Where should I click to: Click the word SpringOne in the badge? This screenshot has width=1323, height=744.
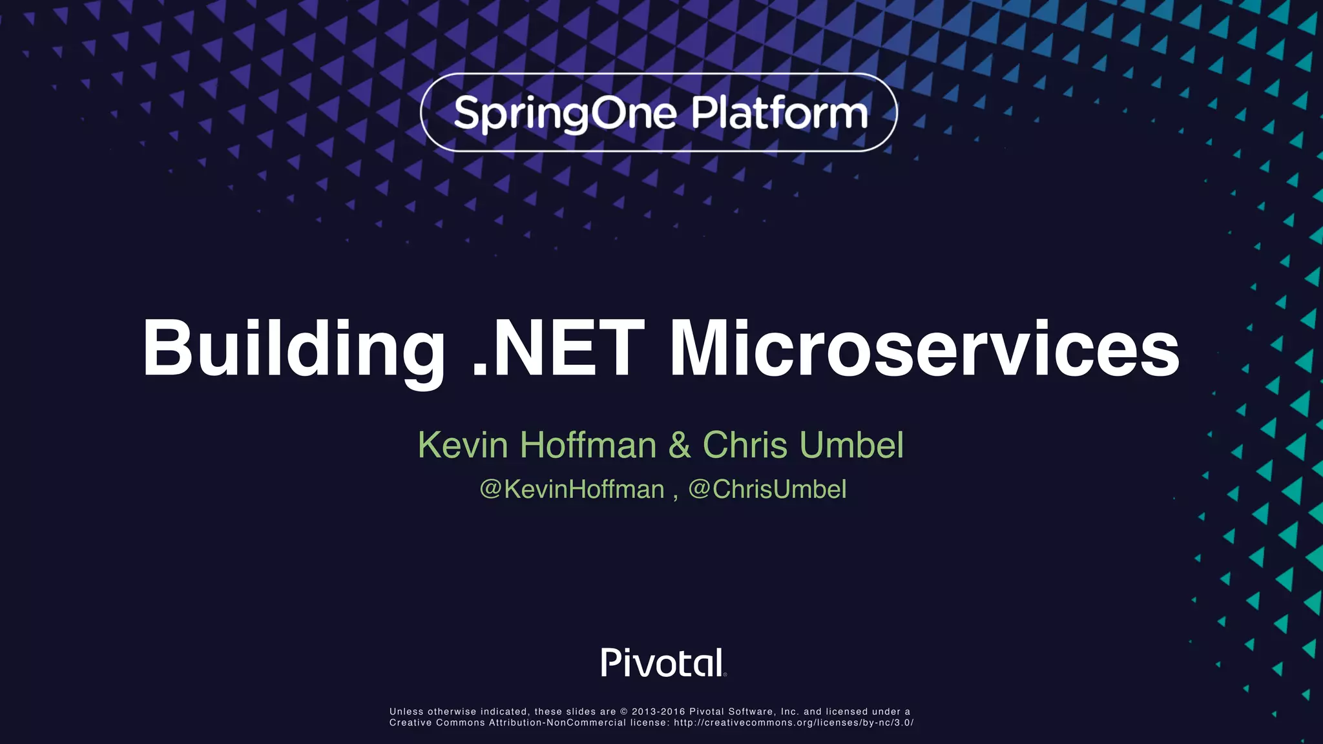565,114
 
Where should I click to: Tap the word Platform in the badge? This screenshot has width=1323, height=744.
779,113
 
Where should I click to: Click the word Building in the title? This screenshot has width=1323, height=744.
293,349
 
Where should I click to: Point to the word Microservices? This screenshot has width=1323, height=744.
924,349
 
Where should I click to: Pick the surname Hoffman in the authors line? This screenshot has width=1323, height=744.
589,445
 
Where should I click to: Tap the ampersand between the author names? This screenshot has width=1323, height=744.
680,445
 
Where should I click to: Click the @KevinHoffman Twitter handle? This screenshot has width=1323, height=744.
572,490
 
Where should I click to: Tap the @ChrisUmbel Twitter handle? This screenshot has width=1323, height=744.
767,490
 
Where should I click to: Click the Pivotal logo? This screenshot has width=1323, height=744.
663,663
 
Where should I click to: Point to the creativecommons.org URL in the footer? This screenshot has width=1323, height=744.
793,723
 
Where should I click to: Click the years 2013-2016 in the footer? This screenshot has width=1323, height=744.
658,712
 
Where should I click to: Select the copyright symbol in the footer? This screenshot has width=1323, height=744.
624,712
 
